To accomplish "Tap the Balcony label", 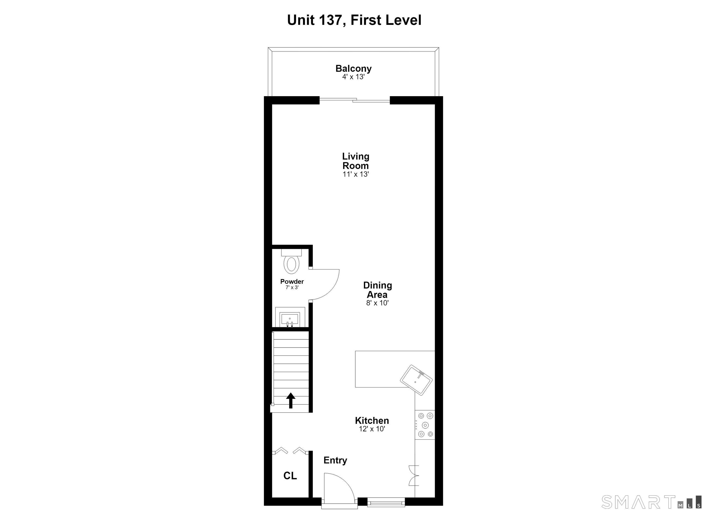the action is tap(353, 68).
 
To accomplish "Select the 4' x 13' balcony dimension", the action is tap(353, 77).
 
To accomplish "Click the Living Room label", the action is tap(356, 161).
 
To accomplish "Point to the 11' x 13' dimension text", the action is tap(356, 174).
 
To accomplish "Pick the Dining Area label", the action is tap(377, 290).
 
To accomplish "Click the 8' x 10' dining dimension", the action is tap(377, 303).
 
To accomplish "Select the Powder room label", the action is tap(292, 281).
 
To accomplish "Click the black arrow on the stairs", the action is tap(291, 401).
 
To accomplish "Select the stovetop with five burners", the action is tap(425, 425).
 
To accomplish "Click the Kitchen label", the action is tap(372, 421).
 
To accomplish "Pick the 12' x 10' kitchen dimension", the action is tap(372, 429).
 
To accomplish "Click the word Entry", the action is tap(335, 460).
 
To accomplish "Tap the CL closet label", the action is tap(290, 476).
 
